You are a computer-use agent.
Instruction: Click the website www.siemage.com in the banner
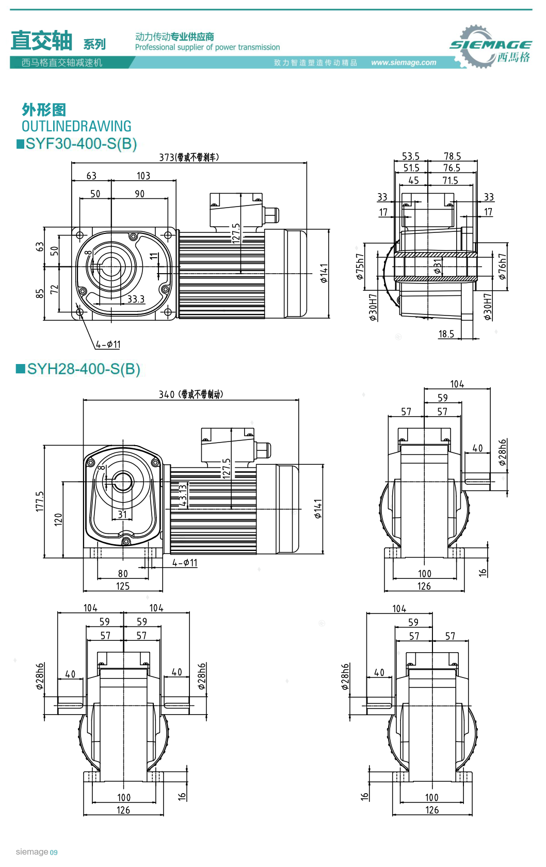pos(404,62)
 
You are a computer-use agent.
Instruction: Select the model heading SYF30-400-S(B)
pos(81,144)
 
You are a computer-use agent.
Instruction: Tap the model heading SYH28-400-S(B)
pos(83,369)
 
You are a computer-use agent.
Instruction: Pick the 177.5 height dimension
pos(40,501)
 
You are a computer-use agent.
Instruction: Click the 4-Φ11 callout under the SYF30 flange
pos(108,344)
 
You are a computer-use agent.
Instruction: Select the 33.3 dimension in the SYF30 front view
pos(136,299)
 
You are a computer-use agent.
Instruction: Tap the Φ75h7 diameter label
pos(360,266)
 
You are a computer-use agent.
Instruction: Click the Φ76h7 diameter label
pos(502,266)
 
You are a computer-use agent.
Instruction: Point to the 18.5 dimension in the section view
pos(446,334)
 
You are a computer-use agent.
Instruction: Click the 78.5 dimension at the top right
pos(452,156)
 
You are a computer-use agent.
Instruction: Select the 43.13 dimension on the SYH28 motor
pos(183,495)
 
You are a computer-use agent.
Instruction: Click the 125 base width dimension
pos(123,586)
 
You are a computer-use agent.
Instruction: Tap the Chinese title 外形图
pos(44,109)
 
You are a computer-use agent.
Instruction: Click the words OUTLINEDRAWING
pos(76,126)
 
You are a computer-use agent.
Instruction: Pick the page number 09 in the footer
pos(54,853)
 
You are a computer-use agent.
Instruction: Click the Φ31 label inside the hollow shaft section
pos(438,266)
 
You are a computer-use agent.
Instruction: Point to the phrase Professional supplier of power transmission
pos(207,47)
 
